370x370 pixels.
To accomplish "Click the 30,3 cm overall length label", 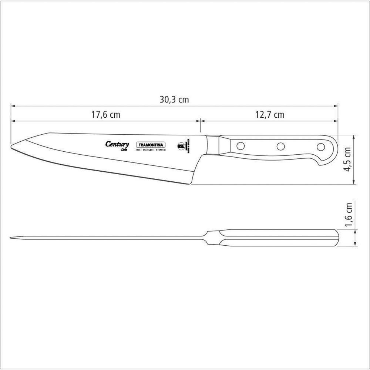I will (174, 100).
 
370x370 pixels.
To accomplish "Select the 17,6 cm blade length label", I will (106, 115).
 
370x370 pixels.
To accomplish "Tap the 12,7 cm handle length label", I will (269, 115).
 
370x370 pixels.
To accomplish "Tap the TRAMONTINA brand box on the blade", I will (151, 145).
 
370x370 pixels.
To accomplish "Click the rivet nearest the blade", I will (240, 146).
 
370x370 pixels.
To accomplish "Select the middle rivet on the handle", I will (281, 146).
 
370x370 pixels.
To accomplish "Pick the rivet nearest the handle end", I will (320, 147).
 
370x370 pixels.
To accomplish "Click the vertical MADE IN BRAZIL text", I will (188, 146).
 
